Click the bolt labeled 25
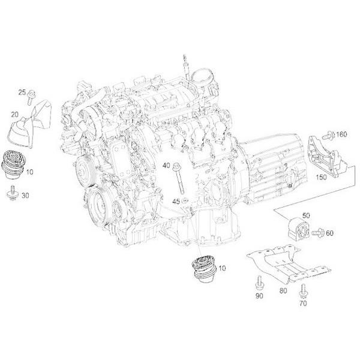point(32,93)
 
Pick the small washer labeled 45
point(185,200)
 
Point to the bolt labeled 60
point(318,230)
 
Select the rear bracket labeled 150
point(324,157)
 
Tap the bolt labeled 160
point(328,134)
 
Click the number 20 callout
point(14,113)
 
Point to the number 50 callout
point(305,214)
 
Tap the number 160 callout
point(342,134)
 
